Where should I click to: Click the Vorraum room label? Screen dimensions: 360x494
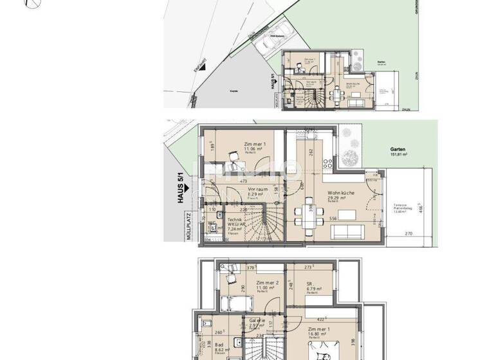point(257,193)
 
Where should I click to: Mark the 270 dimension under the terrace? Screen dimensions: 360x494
point(408,234)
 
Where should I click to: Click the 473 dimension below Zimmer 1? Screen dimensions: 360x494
point(244,182)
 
